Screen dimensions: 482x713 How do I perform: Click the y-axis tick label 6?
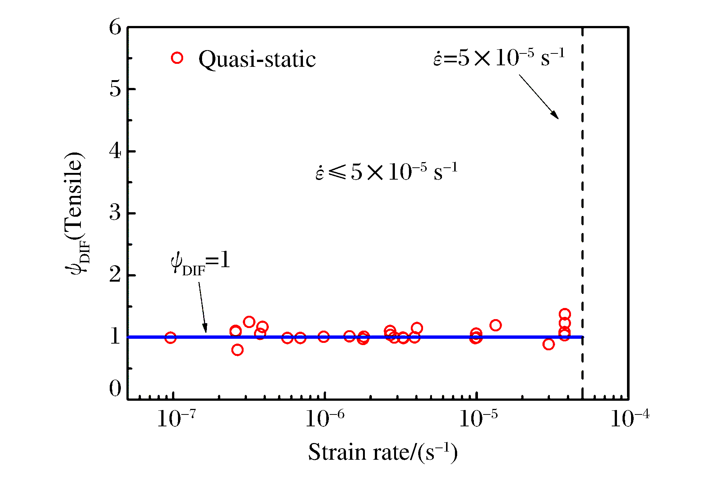[115, 27]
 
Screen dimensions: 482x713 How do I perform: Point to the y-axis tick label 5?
[115, 89]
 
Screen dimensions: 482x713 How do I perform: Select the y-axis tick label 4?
[115, 151]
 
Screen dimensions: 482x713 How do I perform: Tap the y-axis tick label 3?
[115, 213]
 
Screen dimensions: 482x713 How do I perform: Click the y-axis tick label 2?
[115, 275]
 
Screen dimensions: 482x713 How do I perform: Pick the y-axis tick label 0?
[115, 389]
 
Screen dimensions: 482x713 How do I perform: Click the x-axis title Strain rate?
[383, 452]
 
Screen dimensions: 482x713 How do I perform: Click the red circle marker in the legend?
[177, 58]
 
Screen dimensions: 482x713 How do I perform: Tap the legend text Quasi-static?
[257, 59]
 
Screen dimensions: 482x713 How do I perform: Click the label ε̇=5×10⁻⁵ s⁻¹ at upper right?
[499, 58]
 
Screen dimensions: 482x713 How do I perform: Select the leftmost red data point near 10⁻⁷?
[170, 338]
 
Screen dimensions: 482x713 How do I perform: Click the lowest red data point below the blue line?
[237, 350]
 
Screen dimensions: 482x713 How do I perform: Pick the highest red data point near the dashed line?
[564, 314]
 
